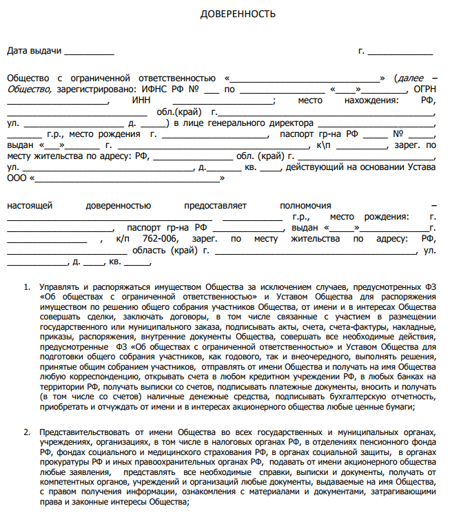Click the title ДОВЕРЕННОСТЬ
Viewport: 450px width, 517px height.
point(228,14)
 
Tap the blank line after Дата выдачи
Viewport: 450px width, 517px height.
point(89,52)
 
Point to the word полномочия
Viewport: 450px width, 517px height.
point(305,205)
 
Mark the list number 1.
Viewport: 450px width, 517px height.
point(27,285)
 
